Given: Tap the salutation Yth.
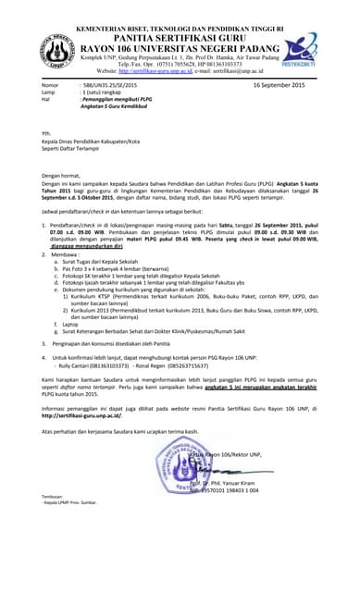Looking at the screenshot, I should pyautogui.click(x=46, y=134).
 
